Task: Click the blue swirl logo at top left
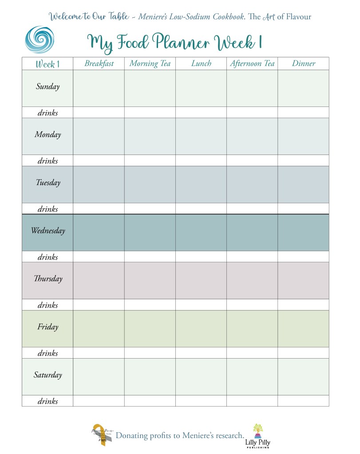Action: (x=40, y=39)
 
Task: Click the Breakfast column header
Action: (x=99, y=63)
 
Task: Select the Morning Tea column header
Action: (x=150, y=63)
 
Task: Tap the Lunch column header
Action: (x=201, y=63)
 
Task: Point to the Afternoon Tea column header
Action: (x=252, y=63)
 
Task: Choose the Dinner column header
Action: (x=304, y=63)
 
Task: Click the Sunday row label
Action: (x=47, y=87)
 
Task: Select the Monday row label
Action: (x=47, y=135)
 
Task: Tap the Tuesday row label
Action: (x=47, y=183)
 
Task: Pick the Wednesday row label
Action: (x=47, y=231)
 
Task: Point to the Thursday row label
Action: (x=47, y=279)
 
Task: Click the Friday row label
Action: (x=47, y=328)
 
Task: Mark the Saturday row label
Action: (x=47, y=375)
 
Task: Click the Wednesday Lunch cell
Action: (x=201, y=233)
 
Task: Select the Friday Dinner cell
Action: (x=304, y=329)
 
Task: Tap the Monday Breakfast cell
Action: (x=99, y=136)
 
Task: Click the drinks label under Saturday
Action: (x=47, y=401)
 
